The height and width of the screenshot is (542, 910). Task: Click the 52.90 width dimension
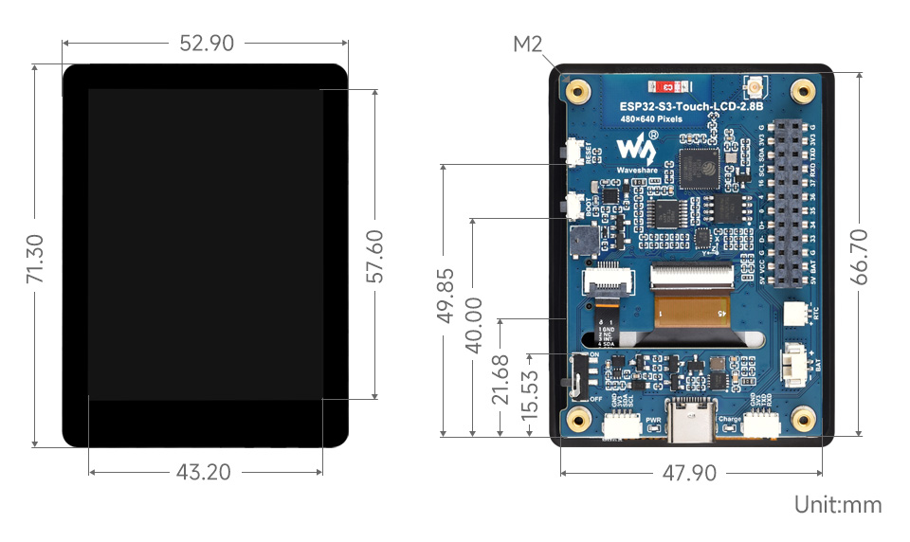(205, 44)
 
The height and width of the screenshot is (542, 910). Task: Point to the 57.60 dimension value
(375, 256)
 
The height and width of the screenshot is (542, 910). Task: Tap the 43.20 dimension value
(205, 471)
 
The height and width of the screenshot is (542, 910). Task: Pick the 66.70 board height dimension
(859, 256)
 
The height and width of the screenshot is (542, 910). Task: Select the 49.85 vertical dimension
(444, 297)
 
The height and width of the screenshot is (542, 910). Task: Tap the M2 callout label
(529, 45)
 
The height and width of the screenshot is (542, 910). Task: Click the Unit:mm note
(838, 505)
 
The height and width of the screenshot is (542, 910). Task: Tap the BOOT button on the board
(574, 204)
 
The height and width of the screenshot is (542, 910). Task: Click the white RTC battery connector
(794, 316)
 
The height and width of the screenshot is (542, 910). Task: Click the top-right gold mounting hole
(804, 92)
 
